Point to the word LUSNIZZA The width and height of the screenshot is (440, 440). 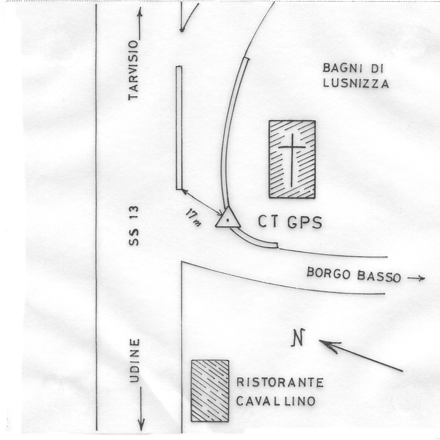pyautogui.click(x=356, y=83)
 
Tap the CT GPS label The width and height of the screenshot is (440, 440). pyautogui.click(x=289, y=222)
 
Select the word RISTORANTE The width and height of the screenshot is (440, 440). pyautogui.click(x=280, y=384)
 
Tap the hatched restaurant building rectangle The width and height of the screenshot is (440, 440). pyautogui.click(x=210, y=390)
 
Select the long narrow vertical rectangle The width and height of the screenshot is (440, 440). pyautogui.click(x=179, y=127)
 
